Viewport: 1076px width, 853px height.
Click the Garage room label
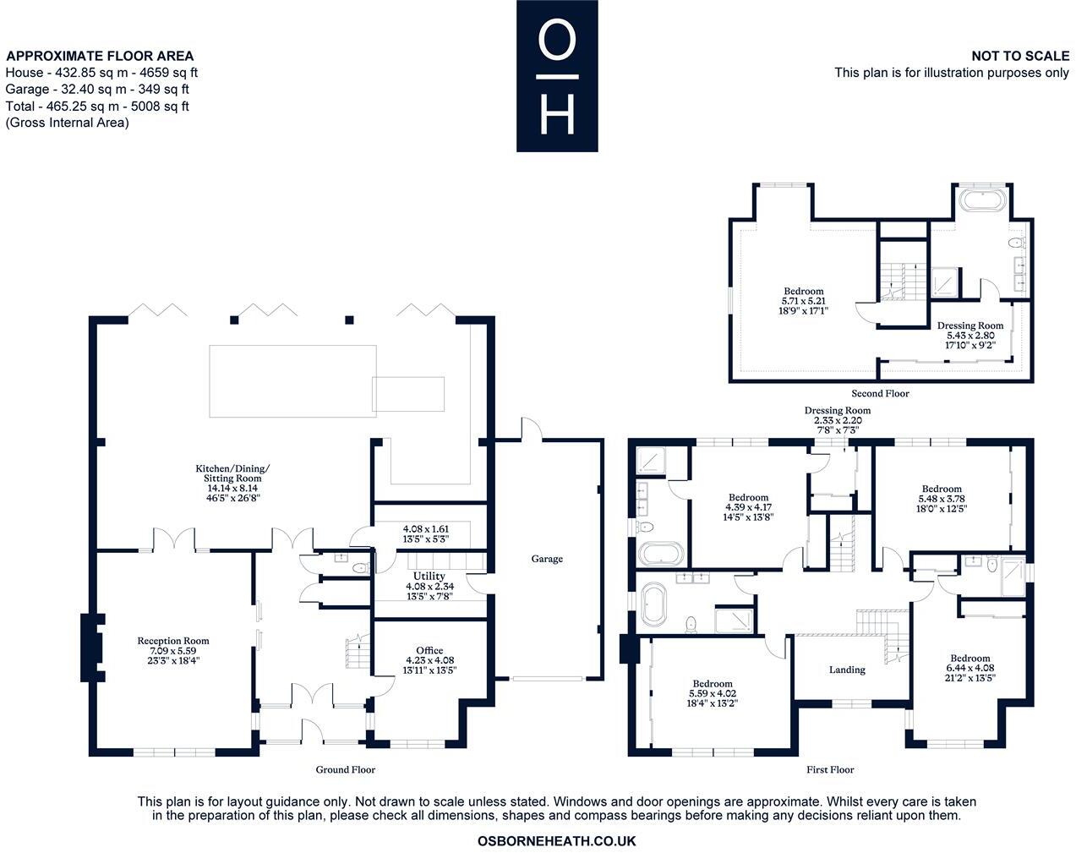click(x=547, y=559)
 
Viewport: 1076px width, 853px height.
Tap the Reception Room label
click(x=173, y=641)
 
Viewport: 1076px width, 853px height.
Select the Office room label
click(x=429, y=650)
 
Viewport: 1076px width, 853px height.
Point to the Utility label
click(x=429, y=576)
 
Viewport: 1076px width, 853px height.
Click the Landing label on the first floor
click(x=847, y=670)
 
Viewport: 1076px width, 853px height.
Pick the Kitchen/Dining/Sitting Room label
click(x=232, y=473)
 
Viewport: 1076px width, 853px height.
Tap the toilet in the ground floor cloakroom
click(x=359, y=568)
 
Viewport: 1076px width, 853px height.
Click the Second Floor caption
click(x=880, y=394)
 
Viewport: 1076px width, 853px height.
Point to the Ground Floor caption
click(x=345, y=769)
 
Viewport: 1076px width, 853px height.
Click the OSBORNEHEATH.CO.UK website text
click(x=556, y=841)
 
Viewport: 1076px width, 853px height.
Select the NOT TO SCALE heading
click(x=1020, y=56)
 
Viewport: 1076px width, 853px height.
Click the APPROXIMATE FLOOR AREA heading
click(x=100, y=56)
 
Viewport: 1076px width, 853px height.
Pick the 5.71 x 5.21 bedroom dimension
click(x=804, y=301)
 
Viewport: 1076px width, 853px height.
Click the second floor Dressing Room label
click(x=970, y=325)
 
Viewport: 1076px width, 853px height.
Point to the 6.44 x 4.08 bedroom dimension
click(x=970, y=668)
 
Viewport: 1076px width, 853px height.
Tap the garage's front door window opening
click(x=547, y=679)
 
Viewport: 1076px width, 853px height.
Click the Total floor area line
click(x=97, y=106)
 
